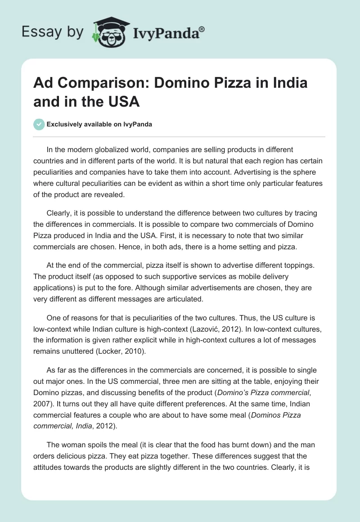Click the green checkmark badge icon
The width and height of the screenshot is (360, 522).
click(39, 124)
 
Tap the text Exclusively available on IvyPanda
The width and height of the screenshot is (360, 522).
click(99, 125)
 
